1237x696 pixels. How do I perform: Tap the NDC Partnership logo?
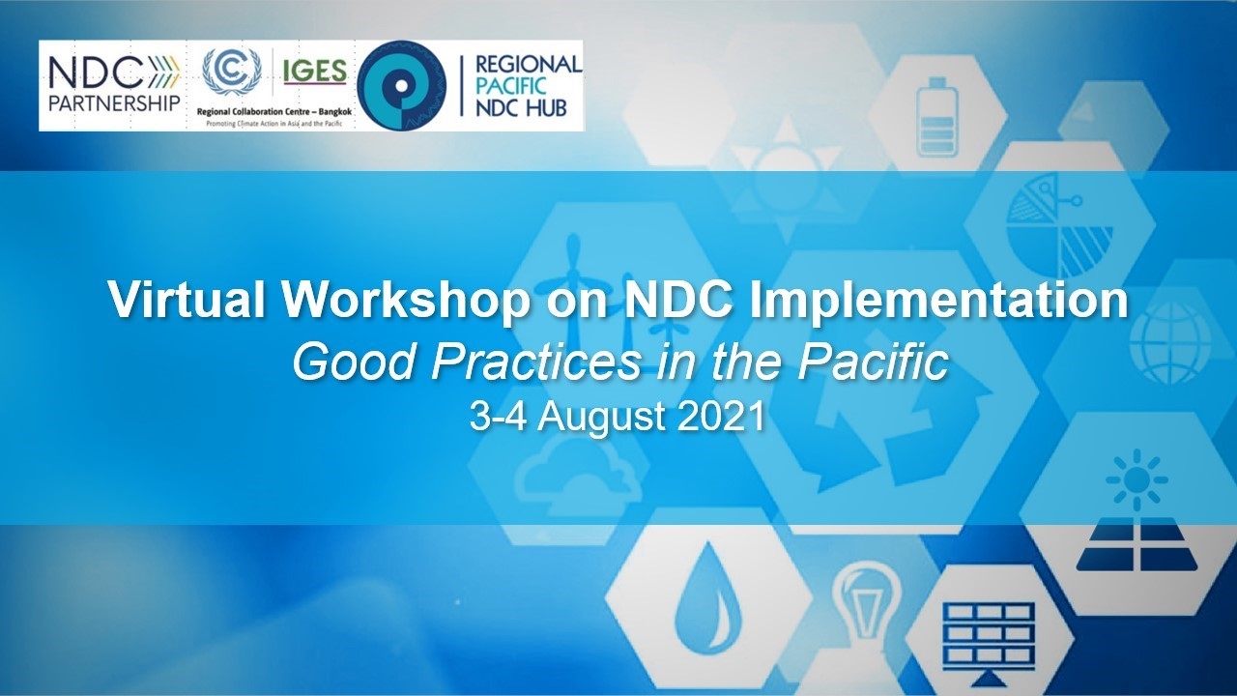[x=114, y=84]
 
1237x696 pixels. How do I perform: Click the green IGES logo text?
[x=314, y=72]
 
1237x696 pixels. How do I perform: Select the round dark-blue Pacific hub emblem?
[x=401, y=86]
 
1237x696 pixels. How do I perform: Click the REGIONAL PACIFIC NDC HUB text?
[x=528, y=86]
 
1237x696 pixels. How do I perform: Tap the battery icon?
[x=935, y=115]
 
